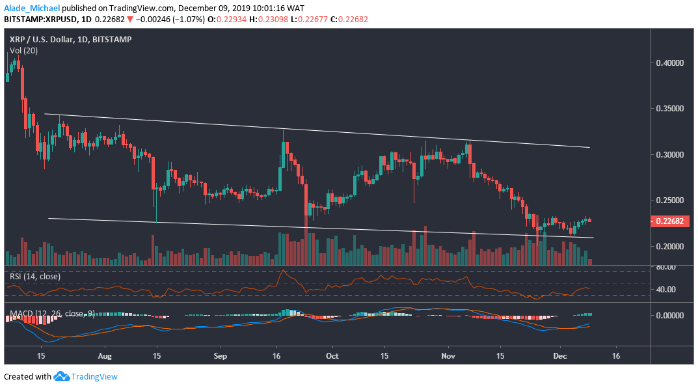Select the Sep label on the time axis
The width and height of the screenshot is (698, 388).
point(220,357)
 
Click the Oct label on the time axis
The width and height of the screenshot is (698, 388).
point(332,357)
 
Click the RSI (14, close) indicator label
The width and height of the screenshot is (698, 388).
point(36,276)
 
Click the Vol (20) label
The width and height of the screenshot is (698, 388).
point(23,50)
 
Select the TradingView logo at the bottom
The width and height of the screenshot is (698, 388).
point(85,376)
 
